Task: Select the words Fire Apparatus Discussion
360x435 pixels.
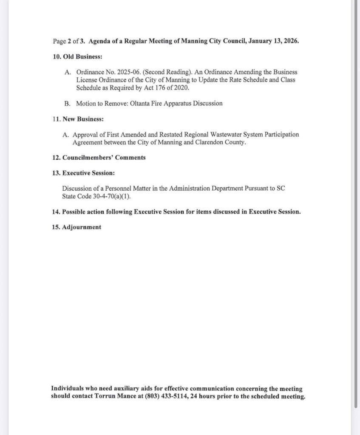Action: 190,103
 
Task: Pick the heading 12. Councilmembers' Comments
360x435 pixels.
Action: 98,158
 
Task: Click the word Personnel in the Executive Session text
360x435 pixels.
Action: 114,188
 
